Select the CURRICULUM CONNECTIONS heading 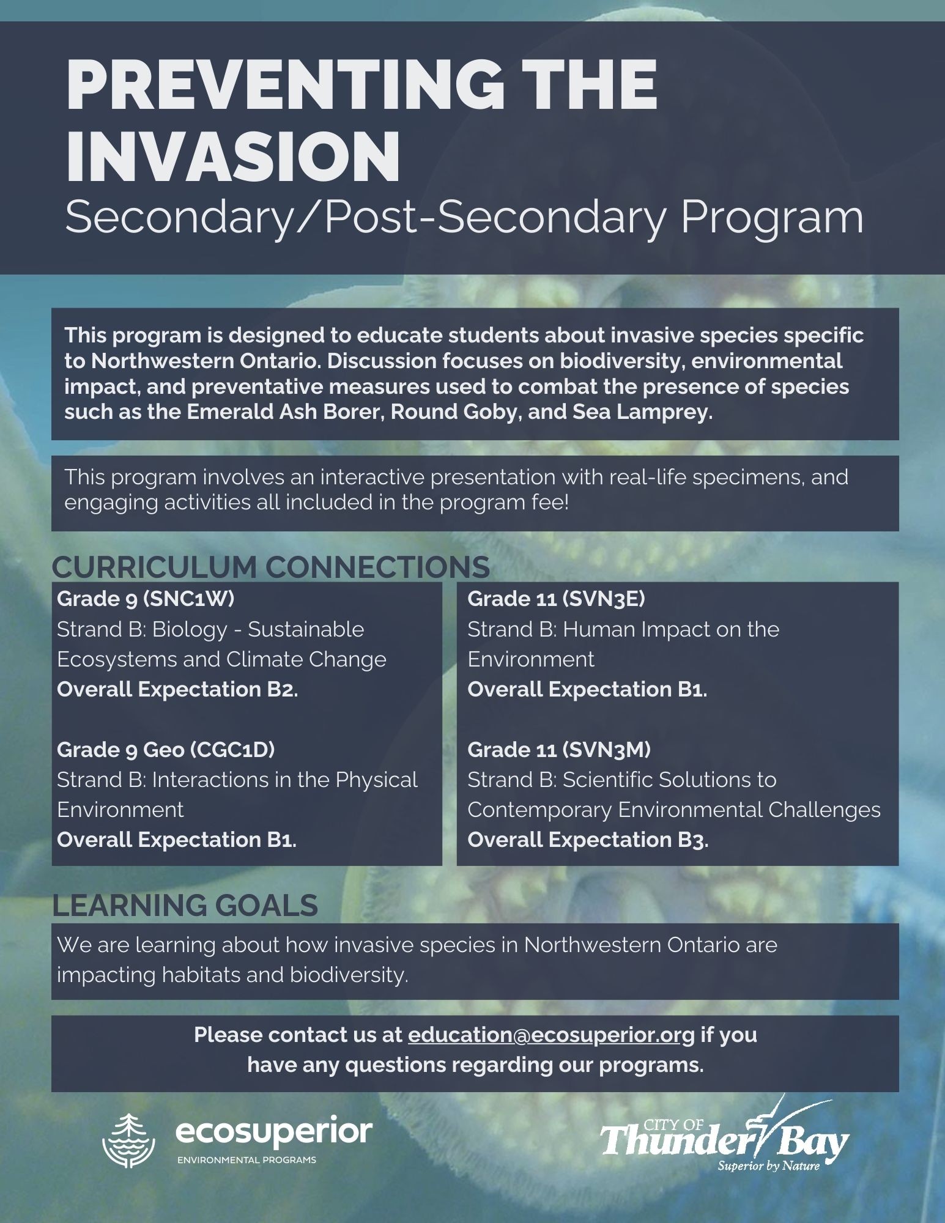270,567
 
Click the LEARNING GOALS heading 185,905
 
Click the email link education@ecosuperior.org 551,1035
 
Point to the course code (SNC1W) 189,599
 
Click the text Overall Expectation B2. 177,689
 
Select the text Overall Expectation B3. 588,840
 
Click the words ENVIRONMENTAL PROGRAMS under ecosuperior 246,1160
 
